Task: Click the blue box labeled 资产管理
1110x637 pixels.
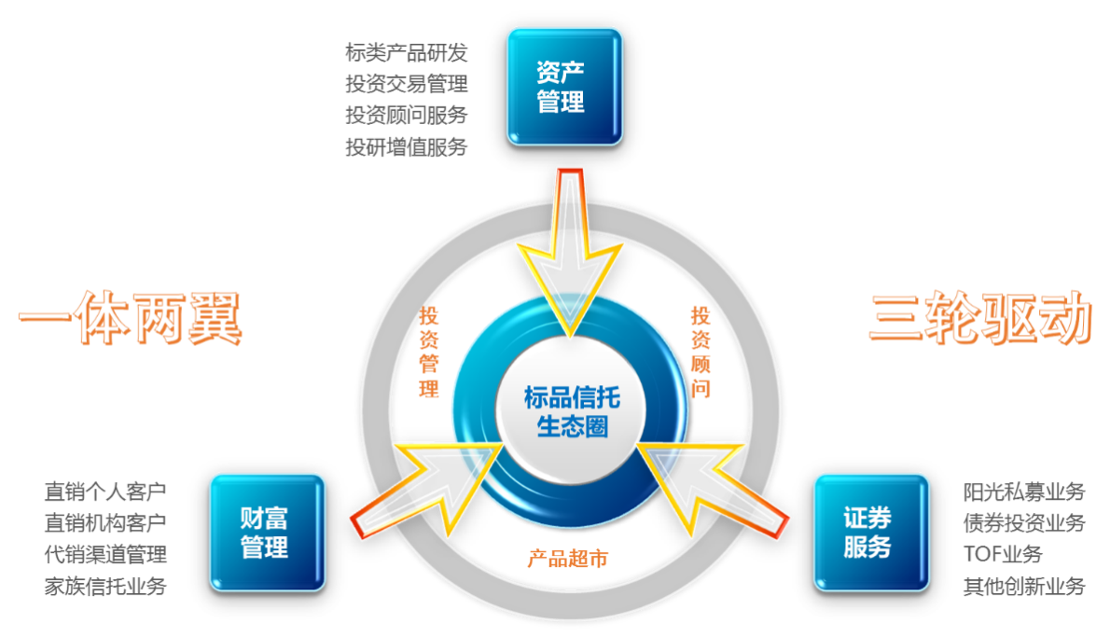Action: point(564,86)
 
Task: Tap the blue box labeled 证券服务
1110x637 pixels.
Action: point(871,532)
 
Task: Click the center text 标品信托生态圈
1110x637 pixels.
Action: point(571,413)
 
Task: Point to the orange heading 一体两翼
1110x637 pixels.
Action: point(130,319)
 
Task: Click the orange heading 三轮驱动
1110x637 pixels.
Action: point(978,319)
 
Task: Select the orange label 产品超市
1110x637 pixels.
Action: point(567,560)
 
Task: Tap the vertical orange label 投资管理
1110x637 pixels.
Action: point(429,353)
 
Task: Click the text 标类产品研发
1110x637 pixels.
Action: point(407,52)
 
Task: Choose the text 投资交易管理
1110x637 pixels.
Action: point(407,84)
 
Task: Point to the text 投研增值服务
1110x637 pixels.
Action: point(407,146)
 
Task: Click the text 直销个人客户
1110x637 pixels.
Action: point(105,491)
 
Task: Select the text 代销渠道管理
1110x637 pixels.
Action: point(105,555)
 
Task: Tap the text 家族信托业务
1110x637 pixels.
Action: point(105,587)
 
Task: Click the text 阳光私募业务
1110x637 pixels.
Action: point(1024,492)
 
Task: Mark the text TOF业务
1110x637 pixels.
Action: point(1003,555)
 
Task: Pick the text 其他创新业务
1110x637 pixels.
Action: point(1024,587)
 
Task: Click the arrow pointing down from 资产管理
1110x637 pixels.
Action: point(570,252)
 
